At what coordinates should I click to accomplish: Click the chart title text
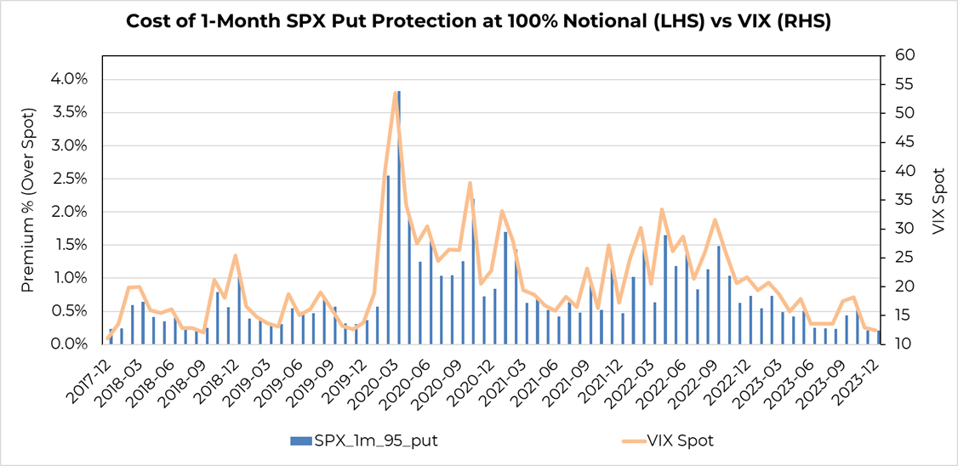[x=478, y=22]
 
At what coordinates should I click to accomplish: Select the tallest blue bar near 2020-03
[x=398, y=217]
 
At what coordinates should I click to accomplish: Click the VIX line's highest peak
[x=396, y=93]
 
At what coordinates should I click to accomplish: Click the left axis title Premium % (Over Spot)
[x=28, y=200]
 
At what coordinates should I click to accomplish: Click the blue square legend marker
[x=297, y=440]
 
